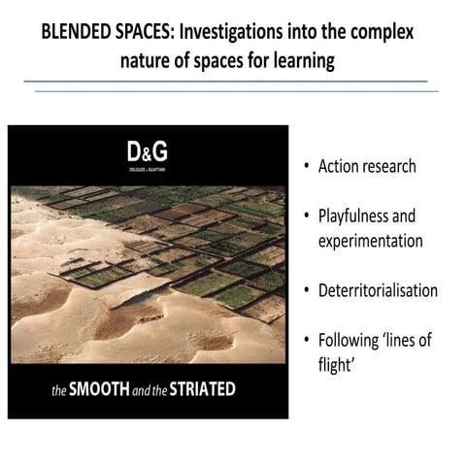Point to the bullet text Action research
point(367,166)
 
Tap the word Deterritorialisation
point(378,290)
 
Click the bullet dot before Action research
point(306,167)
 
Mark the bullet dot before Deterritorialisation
point(306,291)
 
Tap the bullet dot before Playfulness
point(306,216)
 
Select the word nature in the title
point(145,61)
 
